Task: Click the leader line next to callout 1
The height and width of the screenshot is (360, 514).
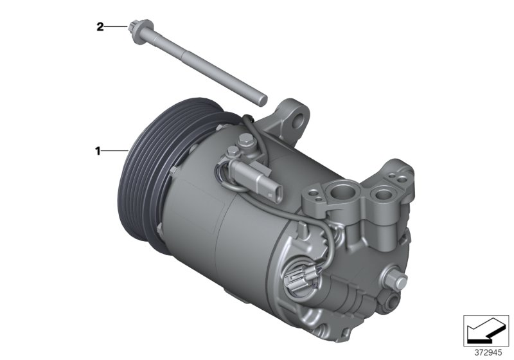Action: [x=116, y=151]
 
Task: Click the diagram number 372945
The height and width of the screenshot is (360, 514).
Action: [x=486, y=354]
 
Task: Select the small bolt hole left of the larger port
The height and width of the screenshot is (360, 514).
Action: [x=314, y=192]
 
